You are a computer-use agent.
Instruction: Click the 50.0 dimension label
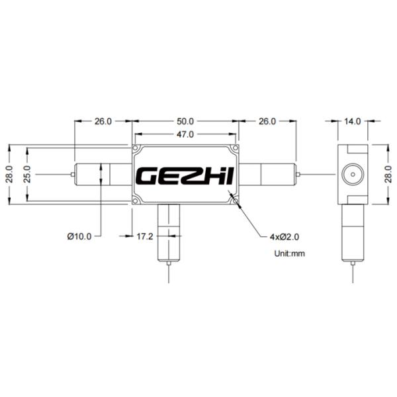(x=185, y=122)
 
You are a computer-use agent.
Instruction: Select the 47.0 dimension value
(x=185, y=134)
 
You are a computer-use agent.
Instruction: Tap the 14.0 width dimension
(x=353, y=122)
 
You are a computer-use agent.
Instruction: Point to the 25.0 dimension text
(x=27, y=175)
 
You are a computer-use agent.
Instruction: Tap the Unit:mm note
(x=290, y=253)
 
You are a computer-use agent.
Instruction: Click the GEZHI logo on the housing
(x=185, y=176)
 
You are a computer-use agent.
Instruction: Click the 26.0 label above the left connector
(x=103, y=122)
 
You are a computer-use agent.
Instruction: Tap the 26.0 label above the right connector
(x=267, y=122)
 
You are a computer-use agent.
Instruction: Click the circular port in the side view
(x=352, y=175)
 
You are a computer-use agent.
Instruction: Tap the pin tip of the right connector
(x=299, y=175)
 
